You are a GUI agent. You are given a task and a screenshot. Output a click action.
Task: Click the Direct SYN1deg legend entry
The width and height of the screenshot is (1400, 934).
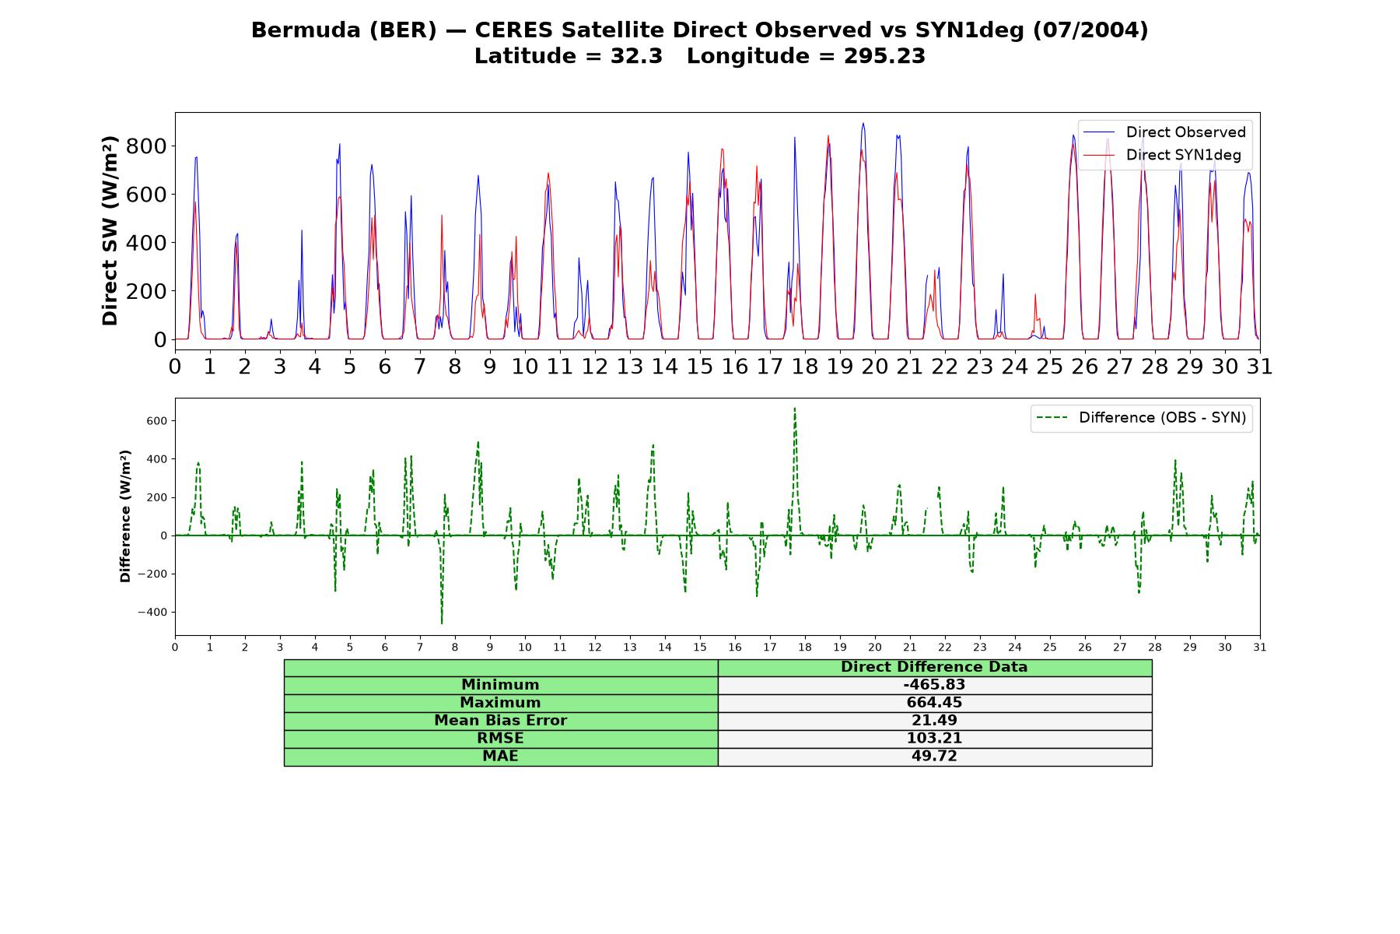[1162, 155]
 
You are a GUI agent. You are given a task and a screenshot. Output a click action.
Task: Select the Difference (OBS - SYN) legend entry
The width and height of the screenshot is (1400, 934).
[1141, 418]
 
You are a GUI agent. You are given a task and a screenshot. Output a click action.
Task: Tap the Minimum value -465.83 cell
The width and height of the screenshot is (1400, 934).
[934, 685]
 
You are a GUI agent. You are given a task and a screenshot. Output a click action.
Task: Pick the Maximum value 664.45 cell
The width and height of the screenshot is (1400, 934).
[934, 703]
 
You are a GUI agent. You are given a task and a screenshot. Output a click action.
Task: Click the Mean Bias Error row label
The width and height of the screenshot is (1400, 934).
[501, 721]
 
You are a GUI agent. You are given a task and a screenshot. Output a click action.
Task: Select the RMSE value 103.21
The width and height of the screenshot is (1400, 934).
[934, 739]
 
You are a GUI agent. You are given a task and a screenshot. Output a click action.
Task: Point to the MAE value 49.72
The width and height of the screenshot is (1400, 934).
[934, 757]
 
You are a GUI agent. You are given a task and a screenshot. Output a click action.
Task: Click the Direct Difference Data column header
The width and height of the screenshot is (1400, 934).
[934, 667]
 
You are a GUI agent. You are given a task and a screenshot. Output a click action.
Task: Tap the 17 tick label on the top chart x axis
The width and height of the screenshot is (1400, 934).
[770, 366]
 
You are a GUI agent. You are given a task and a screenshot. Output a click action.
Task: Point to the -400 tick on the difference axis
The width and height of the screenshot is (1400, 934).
[152, 613]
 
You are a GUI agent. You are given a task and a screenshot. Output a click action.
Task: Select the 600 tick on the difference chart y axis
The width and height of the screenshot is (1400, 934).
[157, 421]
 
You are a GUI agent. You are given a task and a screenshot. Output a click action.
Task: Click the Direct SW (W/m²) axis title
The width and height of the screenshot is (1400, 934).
[110, 230]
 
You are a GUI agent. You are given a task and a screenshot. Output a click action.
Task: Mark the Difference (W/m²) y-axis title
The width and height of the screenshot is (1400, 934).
[125, 516]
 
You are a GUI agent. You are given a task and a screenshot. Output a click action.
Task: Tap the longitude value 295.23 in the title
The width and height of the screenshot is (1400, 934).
[884, 56]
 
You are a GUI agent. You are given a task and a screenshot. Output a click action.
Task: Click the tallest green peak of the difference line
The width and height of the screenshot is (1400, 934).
[794, 408]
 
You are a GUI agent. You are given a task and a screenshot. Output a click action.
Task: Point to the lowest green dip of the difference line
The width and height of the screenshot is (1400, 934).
[442, 623]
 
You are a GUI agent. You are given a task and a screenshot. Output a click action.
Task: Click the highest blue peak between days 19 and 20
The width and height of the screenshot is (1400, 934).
[863, 123]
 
